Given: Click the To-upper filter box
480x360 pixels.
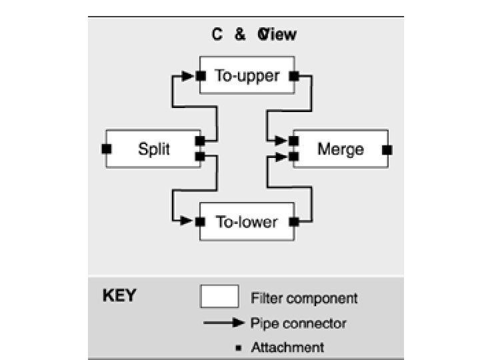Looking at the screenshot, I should tap(247, 76).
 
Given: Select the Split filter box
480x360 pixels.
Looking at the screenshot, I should tap(153, 149).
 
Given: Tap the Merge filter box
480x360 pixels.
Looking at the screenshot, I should tap(340, 149).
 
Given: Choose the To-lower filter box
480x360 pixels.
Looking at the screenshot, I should tap(247, 221).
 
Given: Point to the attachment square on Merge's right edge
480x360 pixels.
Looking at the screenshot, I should tap(387, 149).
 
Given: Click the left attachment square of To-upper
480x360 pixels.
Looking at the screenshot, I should tap(200, 76).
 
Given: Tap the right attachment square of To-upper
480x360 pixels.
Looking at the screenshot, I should tap(293, 76).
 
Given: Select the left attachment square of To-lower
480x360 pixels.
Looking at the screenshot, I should tap(200, 221).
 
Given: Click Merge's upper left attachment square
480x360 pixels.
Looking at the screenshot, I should tap(293, 141).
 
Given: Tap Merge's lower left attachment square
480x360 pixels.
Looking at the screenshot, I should tap(293, 156).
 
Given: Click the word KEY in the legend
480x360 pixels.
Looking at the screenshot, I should tap(119, 295).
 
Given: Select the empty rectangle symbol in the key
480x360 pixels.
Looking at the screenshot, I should tap(219, 297).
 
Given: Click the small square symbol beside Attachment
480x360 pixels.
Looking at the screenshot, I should tap(238, 347).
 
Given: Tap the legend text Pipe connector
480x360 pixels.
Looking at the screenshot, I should tap(298, 324).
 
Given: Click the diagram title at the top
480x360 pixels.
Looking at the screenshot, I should tap(254, 35).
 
